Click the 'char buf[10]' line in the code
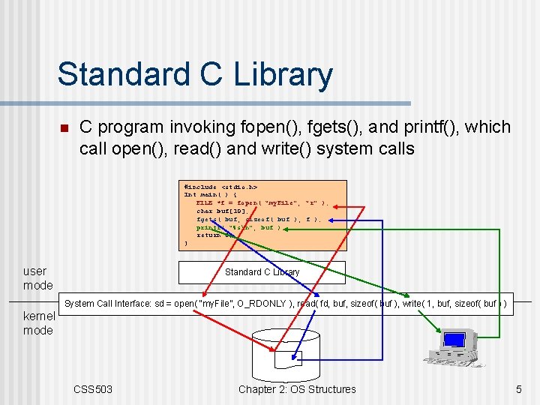click(222, 211)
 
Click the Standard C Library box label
click(262, 272)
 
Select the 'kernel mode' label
click(38, 323)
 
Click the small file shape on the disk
click(287, 358)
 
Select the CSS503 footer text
click(93, 388)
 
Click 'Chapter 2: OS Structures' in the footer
click(297, 388)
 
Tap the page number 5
click(518, 388)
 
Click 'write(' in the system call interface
click(415, 303)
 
